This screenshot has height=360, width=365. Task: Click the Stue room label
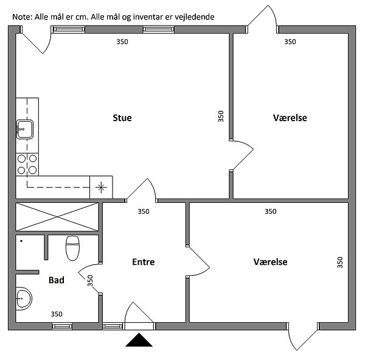click(122, 118)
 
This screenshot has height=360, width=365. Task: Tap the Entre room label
click(144, 262)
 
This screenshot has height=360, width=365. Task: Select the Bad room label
click(57, 281)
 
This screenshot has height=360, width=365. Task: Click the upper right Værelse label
click(290, 118)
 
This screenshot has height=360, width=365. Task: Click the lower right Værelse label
click(271, 262)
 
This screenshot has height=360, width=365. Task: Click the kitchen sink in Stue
click(25, 128)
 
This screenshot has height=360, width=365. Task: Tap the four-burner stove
click(27, 164)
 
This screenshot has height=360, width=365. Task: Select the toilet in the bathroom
click(72, 247)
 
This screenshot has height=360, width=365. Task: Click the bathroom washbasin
click(23, 298)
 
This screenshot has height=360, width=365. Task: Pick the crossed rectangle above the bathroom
click(58, 217)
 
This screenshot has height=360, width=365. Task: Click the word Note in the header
click(21, 18)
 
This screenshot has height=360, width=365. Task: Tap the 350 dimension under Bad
click(57, 314)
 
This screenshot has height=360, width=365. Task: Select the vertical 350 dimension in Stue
click(221, 116)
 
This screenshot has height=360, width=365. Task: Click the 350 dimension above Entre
click(143, 212)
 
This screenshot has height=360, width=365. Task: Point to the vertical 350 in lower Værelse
click(339, 263)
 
